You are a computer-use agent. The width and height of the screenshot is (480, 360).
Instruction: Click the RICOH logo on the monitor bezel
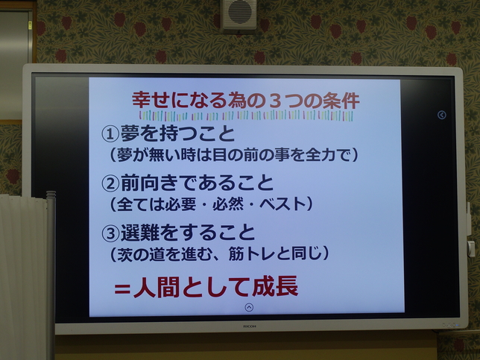tap(250, 326)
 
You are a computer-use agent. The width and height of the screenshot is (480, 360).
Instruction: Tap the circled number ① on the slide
tap(110, 134)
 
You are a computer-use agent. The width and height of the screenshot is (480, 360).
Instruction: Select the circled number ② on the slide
tap(110, 183)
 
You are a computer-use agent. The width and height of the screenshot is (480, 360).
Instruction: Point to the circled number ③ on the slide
tap(110, 234)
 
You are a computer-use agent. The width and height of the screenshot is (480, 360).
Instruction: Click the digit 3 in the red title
tap(276, 101)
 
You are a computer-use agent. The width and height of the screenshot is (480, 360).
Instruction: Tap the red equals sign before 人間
tap(122, 289)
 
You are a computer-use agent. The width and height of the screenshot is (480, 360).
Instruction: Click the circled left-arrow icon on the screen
tap(442, 115)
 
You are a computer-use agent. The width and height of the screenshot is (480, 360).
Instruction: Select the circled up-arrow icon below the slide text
tap(249, 307)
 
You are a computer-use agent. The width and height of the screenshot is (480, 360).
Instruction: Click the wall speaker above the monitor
tap(240, 14)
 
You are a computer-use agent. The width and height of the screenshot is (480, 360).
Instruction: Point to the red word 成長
tap(275, 286)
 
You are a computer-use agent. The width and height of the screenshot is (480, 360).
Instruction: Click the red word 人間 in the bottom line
tap(157, 287)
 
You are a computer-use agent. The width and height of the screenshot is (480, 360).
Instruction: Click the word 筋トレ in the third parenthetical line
tap(251, 253)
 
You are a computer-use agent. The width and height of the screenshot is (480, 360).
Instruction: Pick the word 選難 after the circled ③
tap(140, 233)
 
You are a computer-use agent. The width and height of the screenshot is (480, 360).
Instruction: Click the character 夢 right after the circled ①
tap(130, 133)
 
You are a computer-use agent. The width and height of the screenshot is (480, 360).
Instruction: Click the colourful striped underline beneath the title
tap(246, 116)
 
